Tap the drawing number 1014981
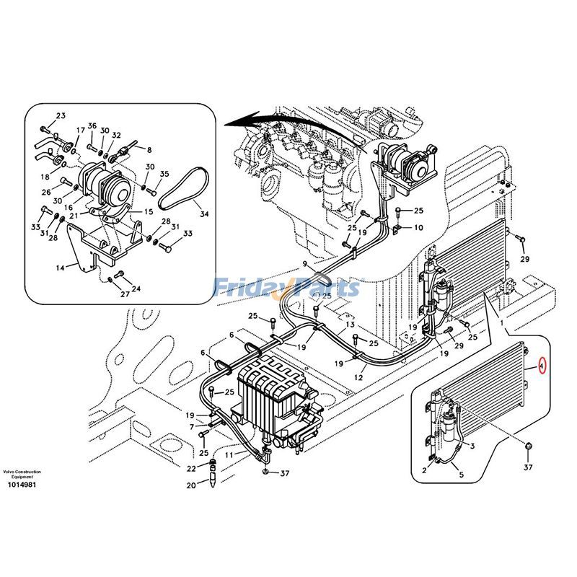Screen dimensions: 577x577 22,485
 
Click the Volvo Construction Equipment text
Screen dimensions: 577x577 22,474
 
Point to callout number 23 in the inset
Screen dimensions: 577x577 61,116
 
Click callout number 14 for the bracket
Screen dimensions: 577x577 60,267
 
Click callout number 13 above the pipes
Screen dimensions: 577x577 348,325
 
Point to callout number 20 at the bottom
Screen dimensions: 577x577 191,485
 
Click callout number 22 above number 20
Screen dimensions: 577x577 192,469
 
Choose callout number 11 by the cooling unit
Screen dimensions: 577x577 229,455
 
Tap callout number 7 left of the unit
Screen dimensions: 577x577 192,426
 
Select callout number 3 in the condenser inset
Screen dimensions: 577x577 472,446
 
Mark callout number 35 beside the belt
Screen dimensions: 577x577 164,174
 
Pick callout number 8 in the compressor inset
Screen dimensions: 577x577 149,150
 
